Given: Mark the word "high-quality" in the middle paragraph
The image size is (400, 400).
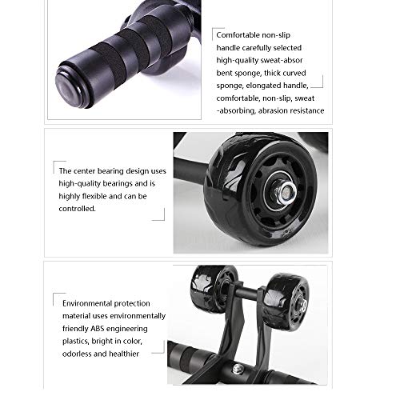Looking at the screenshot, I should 79,182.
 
